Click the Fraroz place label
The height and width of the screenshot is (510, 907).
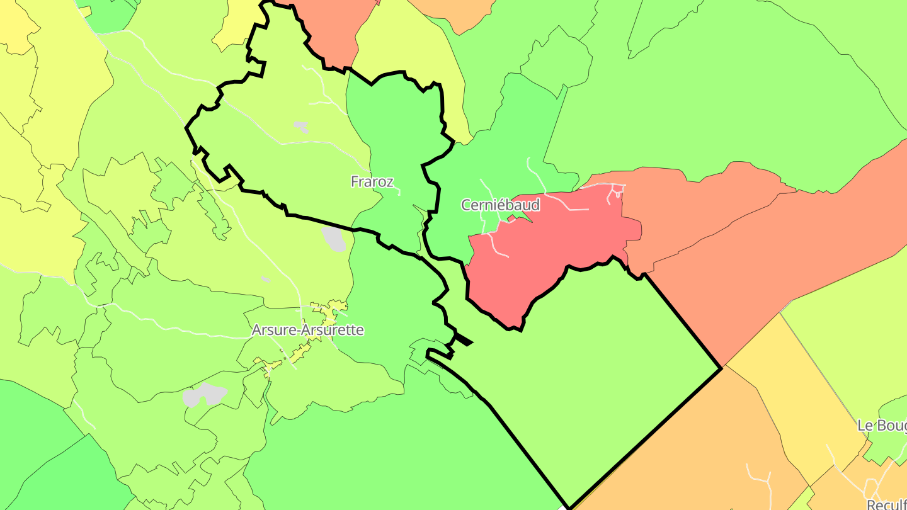pyautogui.click(x=372, y=182)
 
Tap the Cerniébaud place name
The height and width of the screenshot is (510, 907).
pyautogui.click(x=500, y=205)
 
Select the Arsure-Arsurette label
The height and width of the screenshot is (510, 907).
pyautogui.click(x=308, y=330)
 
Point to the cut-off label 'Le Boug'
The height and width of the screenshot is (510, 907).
pyautogui.click(x=881, y=426)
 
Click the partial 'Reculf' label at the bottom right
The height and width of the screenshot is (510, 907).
pyautogui.click(x=886, y=504)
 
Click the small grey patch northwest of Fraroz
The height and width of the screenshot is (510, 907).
pyautogui.click(x=301, y=127)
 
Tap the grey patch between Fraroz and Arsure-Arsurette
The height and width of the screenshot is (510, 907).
pyautogui.click(x=334, y=239)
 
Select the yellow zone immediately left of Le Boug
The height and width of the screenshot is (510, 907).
pyautogui.click(x=794, y=390)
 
